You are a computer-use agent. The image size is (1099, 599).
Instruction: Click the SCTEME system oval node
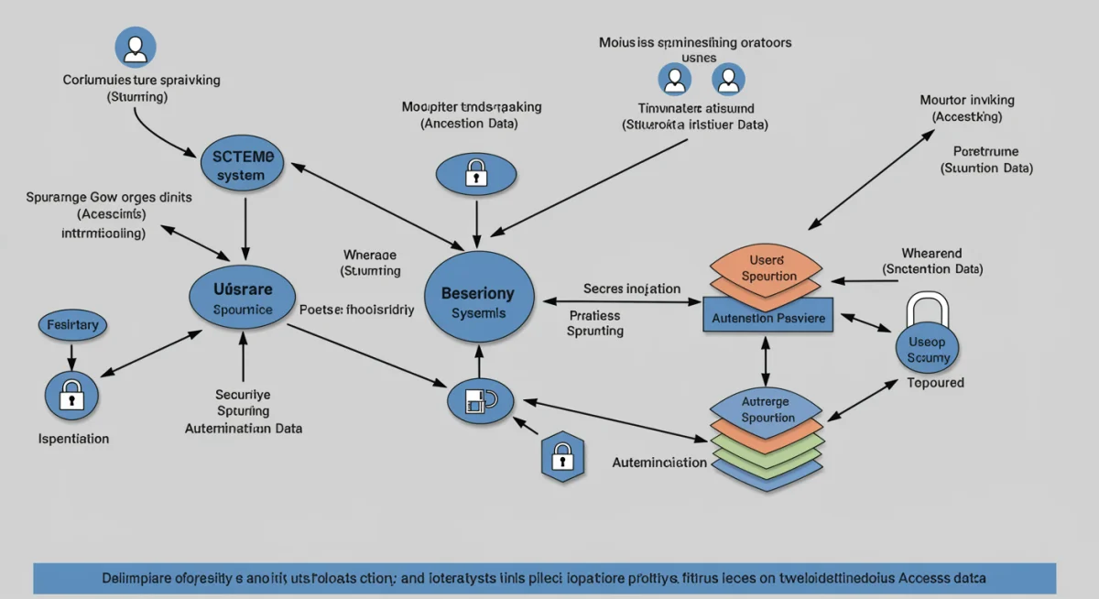243,163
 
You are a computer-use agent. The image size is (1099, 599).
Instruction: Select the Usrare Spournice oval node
243,299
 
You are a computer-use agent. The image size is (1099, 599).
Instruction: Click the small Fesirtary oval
72,324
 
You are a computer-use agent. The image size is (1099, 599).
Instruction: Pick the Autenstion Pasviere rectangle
767,317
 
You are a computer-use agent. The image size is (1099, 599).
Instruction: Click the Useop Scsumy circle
927,348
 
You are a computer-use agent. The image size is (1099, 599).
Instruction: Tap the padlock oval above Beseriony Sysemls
475,172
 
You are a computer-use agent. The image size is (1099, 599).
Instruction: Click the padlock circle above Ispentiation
71,396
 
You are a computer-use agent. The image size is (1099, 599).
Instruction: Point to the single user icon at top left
136,47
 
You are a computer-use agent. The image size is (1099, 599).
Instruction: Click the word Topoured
935,383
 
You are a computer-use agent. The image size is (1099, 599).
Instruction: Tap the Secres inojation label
631,289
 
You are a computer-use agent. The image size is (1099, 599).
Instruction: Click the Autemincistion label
658,463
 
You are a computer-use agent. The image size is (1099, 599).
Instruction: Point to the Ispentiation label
73,439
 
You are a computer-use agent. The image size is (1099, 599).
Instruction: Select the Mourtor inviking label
966,100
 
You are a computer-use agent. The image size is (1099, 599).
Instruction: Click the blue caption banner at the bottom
544,579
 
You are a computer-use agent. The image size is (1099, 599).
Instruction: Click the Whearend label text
932,253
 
